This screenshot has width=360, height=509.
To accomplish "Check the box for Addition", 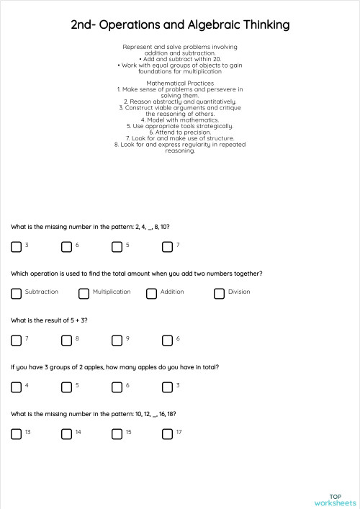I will [x=152, y=294].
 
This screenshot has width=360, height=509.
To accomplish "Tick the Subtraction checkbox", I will [x=17, y=294].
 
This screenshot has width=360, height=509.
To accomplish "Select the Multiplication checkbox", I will [x=84, y=294].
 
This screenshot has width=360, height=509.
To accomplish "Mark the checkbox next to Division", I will [x=220, y=294].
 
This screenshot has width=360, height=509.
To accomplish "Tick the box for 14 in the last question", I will [x=67, y=434].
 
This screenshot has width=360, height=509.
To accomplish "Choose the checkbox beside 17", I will [x=168, y=434].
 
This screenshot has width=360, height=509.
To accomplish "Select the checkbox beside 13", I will [x=17, y=434].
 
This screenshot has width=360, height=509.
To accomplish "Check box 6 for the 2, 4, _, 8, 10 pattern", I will [x=67, y=247].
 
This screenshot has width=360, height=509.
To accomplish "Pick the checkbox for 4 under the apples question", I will [x=17, y=387].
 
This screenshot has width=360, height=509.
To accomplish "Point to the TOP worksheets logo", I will [x=335, y=500].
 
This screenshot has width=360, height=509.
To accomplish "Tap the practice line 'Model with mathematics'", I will [x=180, y=120].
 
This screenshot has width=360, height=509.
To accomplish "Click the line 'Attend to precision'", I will [x=180, y=132].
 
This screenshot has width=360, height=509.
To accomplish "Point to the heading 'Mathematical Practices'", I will [x=180, y=83].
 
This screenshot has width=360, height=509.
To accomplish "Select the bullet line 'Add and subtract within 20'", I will [x=180, y=59].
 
